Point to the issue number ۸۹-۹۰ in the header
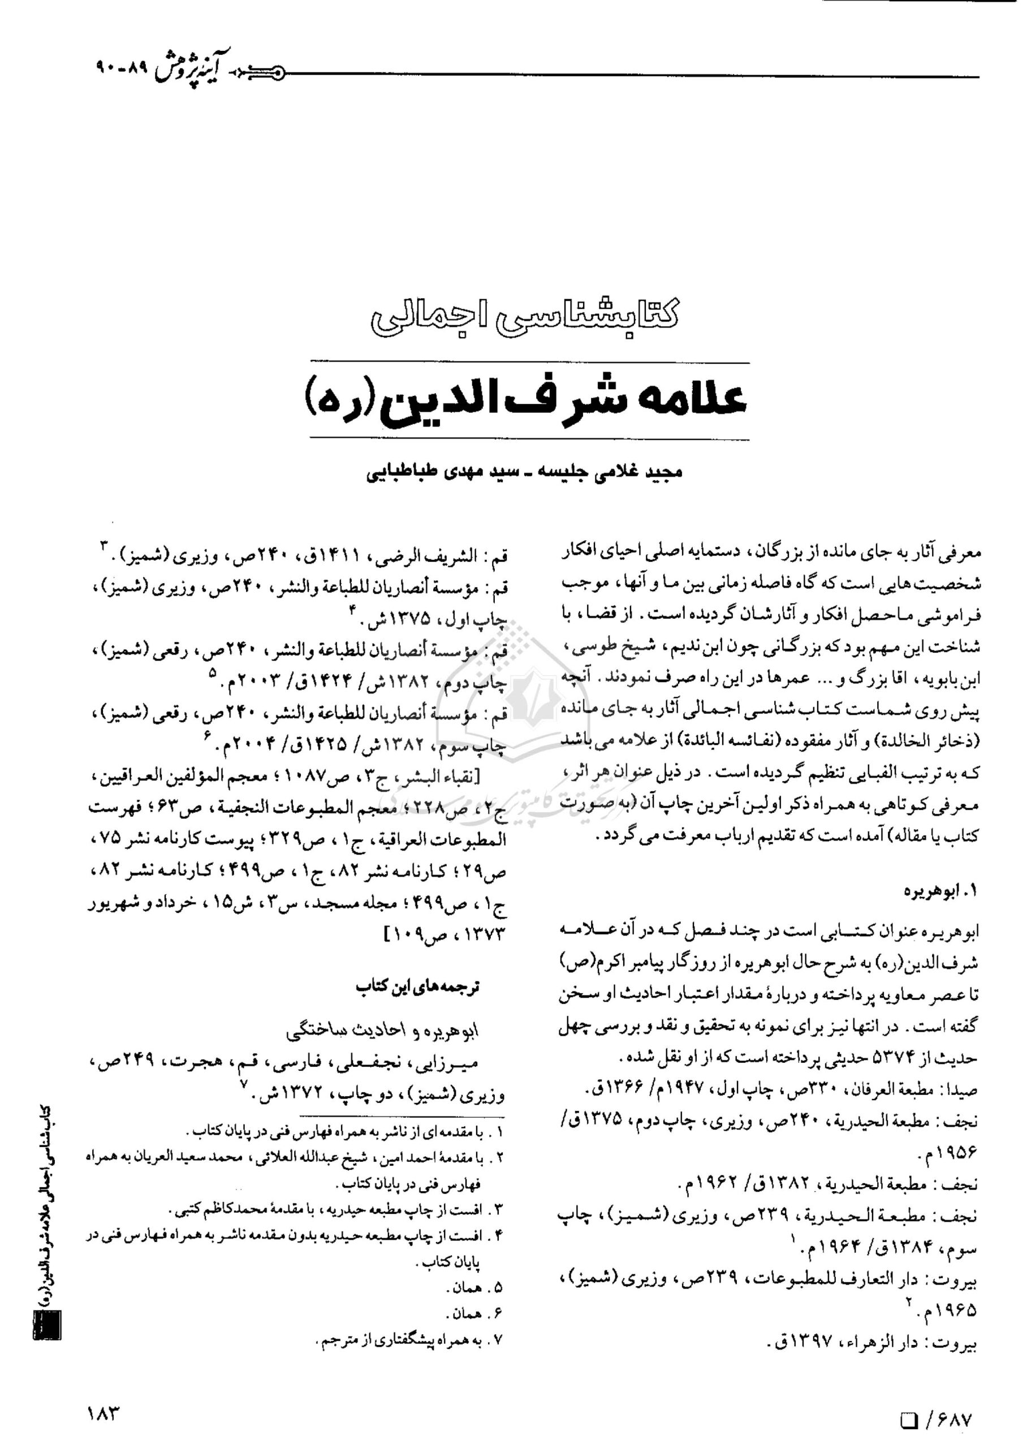tap(122, 66)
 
